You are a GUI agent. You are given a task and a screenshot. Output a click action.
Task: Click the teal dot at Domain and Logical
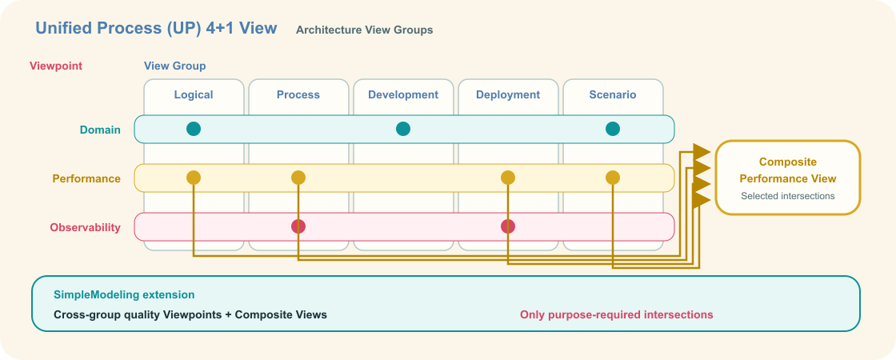[194, 129]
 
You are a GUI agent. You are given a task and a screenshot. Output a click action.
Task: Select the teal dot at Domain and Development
[403, 129]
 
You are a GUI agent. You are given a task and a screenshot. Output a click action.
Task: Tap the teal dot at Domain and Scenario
[613, 129]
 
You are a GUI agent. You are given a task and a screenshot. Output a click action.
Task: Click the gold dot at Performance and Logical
[194, 178]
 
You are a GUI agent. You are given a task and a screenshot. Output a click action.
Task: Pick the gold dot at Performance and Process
[298, 178]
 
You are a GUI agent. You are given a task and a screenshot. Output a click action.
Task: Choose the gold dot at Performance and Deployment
[508, 178]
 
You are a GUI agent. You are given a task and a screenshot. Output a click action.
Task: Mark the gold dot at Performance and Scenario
[613, 178]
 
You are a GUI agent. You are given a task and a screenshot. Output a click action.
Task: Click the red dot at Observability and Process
[298, 227]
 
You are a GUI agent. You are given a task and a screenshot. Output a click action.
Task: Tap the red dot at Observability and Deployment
[508, 227]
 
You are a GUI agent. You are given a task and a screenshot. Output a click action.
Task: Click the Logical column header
[194, 95]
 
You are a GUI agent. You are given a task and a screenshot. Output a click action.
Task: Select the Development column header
[403, 95]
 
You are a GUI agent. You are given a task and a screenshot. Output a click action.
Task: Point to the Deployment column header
[508, 95]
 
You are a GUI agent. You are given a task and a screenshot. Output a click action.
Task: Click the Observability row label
[85, 227]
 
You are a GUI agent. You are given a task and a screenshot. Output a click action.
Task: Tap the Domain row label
[100, 130]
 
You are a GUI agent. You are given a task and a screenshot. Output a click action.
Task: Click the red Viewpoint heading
[56, 66]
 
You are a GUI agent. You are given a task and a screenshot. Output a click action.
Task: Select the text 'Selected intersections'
[788, 196]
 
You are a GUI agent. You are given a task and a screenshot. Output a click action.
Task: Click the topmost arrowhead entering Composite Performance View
[702, 152]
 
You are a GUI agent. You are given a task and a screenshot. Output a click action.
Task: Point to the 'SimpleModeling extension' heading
[124, 295]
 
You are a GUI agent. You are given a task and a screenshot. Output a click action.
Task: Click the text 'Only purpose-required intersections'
[617, 315]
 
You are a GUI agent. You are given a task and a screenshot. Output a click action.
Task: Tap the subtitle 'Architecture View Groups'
[365, 30]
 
